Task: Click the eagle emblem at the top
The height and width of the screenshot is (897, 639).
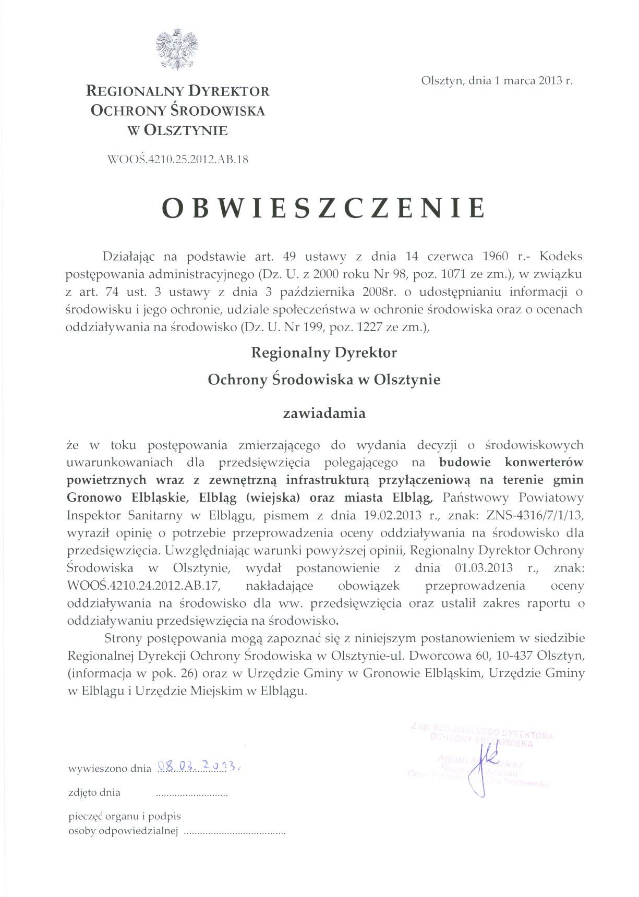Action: pos(177,50)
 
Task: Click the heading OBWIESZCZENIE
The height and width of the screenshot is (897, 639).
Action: pos(323,208)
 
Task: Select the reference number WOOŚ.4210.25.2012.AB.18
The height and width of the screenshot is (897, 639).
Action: pos(177,160)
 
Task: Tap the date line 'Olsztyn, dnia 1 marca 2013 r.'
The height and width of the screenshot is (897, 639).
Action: pos(497,81)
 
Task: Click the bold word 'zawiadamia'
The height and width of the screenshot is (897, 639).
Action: pos(324,414)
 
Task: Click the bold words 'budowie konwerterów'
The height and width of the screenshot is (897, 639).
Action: pos(511,462)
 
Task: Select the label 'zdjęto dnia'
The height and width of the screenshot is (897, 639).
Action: pos(94,793)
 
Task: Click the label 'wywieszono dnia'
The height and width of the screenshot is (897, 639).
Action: pos(110,768)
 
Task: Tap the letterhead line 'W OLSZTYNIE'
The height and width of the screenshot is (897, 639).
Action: pos(177,130)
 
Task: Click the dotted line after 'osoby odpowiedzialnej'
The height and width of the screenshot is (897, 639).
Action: pos(235,833)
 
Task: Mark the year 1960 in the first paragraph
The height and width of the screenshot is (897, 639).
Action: pos(496,257)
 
